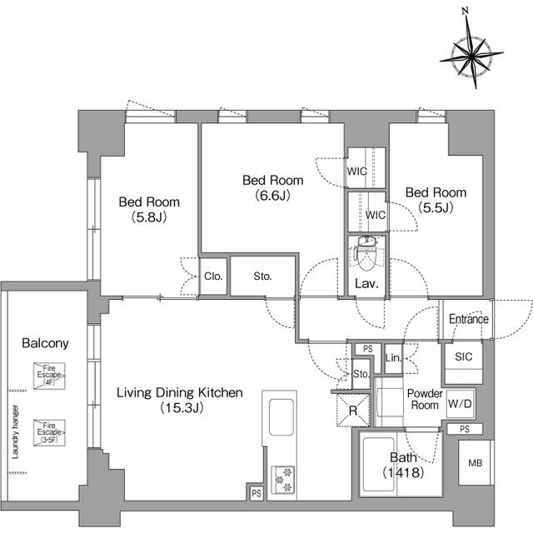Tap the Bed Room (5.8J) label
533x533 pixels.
[x=149, y=209]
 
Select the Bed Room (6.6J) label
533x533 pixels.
[x=272, y=188]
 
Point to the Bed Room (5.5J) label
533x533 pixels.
[x=436, y=200]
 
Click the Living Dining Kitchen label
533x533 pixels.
[x=179, y=400]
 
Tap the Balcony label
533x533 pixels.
[x=45, y=342]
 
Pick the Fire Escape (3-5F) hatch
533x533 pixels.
[x=49, y=432]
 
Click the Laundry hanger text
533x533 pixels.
[x=15, y=434]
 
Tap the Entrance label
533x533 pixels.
[x=469, y=319]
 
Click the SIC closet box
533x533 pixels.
[x=463, y=356]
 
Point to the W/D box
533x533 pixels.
[x=460, y=404]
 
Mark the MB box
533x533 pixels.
[x=473, y=462]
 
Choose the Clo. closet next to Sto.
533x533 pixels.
[x=212, y=277]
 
